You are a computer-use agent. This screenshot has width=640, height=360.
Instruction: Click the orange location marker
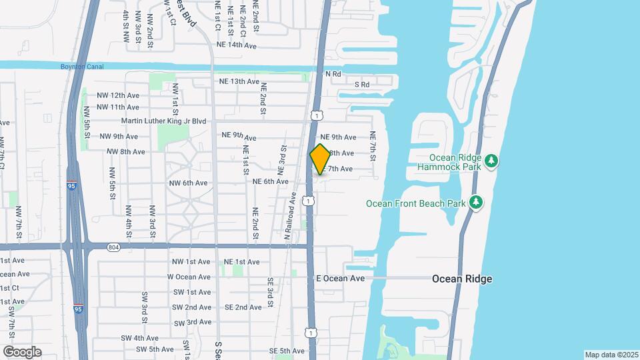(x=320, y=159)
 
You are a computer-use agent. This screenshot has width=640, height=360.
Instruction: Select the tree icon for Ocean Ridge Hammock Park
(x=491, y=160)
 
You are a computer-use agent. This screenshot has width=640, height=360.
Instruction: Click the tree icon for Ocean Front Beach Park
(x=476, y=202)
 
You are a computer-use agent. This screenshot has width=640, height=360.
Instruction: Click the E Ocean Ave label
(x=340, y=278)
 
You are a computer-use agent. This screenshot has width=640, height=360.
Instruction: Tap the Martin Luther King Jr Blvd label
(x=164, y=121)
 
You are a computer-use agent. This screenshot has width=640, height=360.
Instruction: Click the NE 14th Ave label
(x=237, y=45)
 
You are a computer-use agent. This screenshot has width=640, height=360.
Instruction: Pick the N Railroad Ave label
(x=289, y=217)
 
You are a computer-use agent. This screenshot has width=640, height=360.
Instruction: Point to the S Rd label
(x=362, y=85)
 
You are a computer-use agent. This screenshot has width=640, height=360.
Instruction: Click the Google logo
(x=22, y=351)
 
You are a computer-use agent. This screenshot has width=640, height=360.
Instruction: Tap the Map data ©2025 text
(x=611, y=355)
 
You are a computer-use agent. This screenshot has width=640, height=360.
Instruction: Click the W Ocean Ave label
(x=189, y=277)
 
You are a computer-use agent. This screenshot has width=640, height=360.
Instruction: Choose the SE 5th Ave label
(x=287, y=351)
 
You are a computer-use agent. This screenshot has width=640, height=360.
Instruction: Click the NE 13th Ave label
(x=239, y=81)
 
